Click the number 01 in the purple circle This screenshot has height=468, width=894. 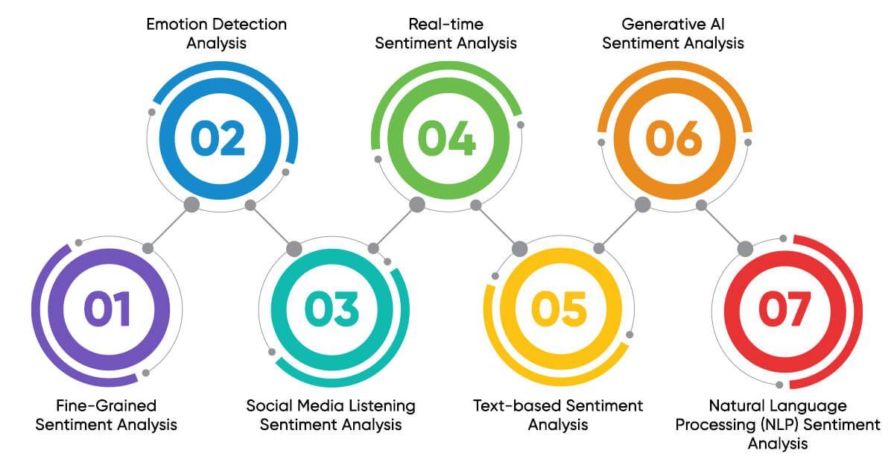coord(107,309)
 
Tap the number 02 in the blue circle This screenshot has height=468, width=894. coord(218,139)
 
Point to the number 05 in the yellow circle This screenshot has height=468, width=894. coord(558,309)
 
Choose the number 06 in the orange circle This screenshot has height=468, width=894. coord(673,139)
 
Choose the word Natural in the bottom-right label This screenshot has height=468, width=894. coord(736,406)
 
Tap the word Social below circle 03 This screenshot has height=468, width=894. coord(267,406)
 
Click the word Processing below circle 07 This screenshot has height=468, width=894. coord(708,425)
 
